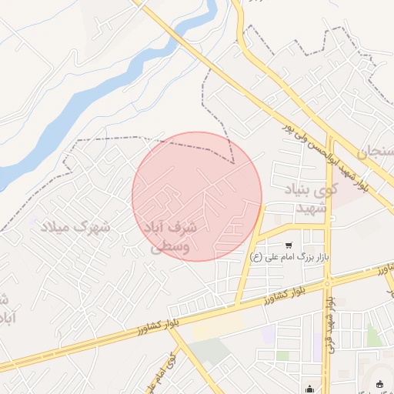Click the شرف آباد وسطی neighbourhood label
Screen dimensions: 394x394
coord(169,237)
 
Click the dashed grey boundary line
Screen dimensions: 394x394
coord(115,138)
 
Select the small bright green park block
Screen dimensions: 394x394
coord(373,336)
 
